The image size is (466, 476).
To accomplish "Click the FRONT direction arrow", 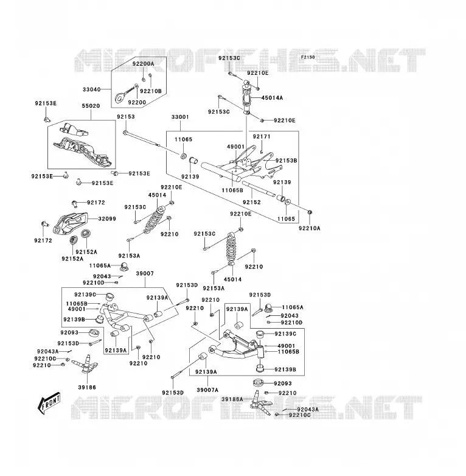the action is [49, 403].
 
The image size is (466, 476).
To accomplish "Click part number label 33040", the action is [92, 89].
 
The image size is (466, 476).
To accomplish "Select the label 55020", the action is [91, 106].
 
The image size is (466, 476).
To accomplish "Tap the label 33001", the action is [180, 117].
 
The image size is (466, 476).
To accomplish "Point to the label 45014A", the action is [272, 98].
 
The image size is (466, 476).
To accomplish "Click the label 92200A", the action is [143, 64].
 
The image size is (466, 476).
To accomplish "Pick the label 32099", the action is [107, 219].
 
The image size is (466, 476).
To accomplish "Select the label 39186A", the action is [232, 399].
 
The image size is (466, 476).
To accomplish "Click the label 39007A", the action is [207, 390].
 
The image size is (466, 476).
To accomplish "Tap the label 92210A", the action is [310, 228].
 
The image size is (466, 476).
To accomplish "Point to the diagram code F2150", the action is [308, 57].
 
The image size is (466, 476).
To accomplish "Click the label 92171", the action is [262, 136].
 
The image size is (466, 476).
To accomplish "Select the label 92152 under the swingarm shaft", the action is [252, 202].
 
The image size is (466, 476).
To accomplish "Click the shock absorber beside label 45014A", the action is [246, 99].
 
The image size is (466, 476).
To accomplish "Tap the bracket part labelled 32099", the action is [71, 224].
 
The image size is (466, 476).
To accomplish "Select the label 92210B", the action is [151, 91].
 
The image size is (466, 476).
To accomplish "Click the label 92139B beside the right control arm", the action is [285, 369].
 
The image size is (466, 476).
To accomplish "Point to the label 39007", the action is [145, 273].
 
